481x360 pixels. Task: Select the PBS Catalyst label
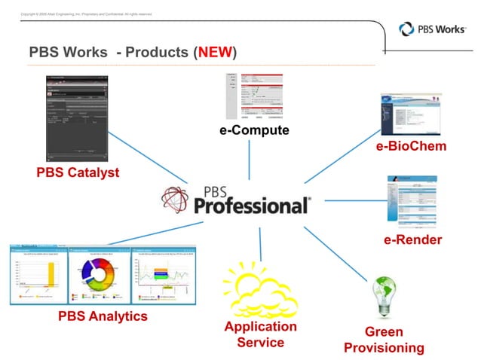[x=78, y=173]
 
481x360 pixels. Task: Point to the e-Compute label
[x=253, y=130]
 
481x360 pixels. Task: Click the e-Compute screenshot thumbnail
[x=254, y=96]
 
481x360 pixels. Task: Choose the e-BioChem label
[x=411, y=145]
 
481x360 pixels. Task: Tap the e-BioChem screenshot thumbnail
[x=410, y=114]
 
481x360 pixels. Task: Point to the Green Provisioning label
[x=384, y=340]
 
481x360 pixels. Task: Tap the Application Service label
[x=260, y=334]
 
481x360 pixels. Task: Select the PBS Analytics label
[x=103, y=316]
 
